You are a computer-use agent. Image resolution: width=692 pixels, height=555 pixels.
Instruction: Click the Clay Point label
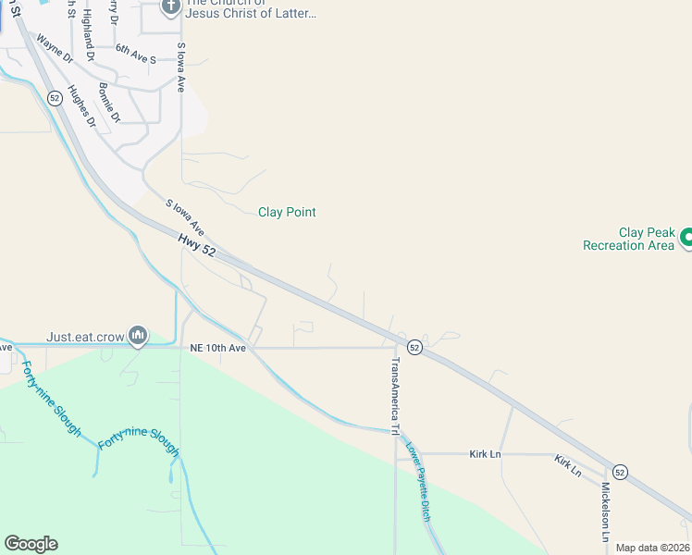tap(287, 212)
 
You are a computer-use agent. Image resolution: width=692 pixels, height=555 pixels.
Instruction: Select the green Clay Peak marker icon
tap(686, 239)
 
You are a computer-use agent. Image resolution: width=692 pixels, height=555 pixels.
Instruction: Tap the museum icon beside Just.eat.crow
tap(138, 334)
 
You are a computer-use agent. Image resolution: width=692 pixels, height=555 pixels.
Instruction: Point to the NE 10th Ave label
tap(217, 348)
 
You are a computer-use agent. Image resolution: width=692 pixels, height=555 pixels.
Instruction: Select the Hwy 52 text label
tap(196, 245)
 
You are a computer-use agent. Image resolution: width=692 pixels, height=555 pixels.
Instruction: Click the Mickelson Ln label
tap(606, 511)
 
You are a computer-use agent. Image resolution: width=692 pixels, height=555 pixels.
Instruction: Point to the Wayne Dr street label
tap(54, 48)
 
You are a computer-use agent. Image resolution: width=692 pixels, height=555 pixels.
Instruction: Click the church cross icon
tap(170, 7)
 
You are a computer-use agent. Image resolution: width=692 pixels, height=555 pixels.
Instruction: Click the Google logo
tap(31, 544)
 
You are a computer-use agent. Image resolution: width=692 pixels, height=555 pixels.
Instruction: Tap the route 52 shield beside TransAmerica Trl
tap(414, 347)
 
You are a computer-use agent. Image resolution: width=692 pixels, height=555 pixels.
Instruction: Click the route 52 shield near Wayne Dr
tap(56, 97)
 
